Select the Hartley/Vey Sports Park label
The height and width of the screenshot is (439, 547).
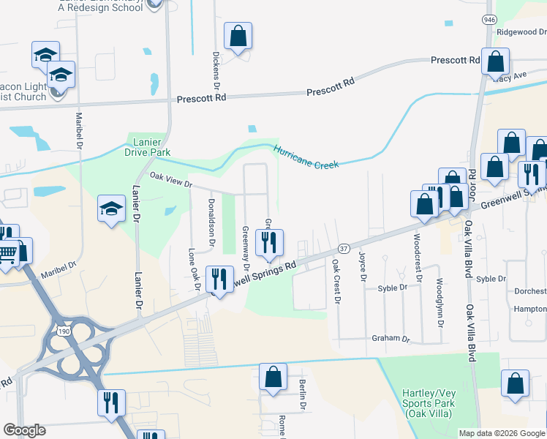pyautogui.click(x=428, y=404)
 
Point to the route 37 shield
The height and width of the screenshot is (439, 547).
pyautogui.click(x=343, y=249)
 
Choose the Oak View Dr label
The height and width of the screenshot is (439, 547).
pyautogui.click(x=170, y=179)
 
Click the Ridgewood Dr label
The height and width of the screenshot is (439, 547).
pyautogui.click(x=521, y=32)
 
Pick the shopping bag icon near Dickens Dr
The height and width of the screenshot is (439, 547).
pyautogui.click(x=238, y=36)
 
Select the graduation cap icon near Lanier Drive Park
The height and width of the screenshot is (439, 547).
pyautogui.click(x=111, y=209)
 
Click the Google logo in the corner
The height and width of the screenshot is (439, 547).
pyautogui.click(x=25, y=430)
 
